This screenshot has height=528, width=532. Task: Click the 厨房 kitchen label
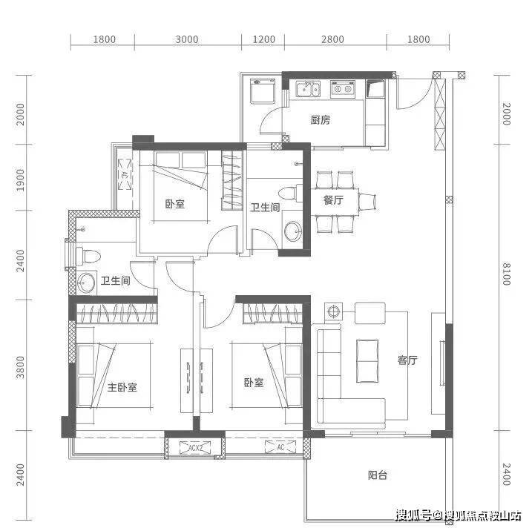pos(320,119)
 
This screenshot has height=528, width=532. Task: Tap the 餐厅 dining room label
pos(333,200)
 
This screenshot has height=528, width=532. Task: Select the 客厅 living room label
pos(407,360)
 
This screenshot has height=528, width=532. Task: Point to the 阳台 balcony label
pos(378,475)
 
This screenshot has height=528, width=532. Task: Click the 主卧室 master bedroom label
pos(122,387)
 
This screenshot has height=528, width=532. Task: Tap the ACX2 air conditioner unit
pos(195,448)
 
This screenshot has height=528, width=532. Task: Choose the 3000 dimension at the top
pos(187,39)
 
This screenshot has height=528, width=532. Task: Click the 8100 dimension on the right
pos(506,274)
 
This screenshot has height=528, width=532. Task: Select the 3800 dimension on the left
pos(20,367)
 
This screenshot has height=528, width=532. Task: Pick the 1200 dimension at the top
pos(263,39)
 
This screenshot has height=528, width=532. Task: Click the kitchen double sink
pos(308,89)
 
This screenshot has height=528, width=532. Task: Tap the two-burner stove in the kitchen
pos(343,89)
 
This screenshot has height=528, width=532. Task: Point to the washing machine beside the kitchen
pos(262,91)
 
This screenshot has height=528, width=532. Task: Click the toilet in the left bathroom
pos(88,256)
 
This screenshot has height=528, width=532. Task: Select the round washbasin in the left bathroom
pos(86,283)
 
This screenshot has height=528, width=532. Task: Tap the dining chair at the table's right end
pos(367,202)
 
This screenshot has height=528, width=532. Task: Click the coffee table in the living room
pos(367,361)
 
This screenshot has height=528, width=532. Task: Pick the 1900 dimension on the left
pos(20,179)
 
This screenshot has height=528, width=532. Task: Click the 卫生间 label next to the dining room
pos(265,208)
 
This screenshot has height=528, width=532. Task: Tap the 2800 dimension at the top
pos(333,39)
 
